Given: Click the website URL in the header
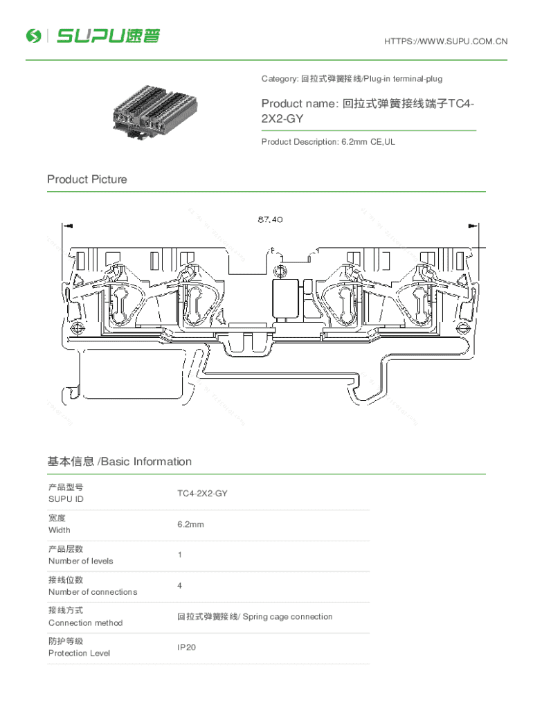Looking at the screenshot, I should coord(446,42).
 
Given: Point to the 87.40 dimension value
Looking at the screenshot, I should coord(270,219).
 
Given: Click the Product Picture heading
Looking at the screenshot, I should coord(87,179).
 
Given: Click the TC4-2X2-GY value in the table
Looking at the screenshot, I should coord(202,494).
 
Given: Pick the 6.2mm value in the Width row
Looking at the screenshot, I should coord(190,524).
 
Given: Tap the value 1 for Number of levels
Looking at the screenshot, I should coord(179,555).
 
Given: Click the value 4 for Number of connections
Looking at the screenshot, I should coord(179,586).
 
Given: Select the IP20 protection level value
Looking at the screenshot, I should coord(187,647).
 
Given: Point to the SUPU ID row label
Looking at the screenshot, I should coord(66,499).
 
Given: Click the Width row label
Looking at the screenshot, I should coord(60,530).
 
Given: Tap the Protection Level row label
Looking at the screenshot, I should coord(79,653).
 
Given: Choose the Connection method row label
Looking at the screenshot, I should coord(85,622).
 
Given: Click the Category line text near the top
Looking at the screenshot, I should coord(352,79).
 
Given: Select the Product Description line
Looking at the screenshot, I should coord(328,142).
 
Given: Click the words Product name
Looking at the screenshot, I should coord(298,104).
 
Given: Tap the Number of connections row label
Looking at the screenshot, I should coord(93,592).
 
